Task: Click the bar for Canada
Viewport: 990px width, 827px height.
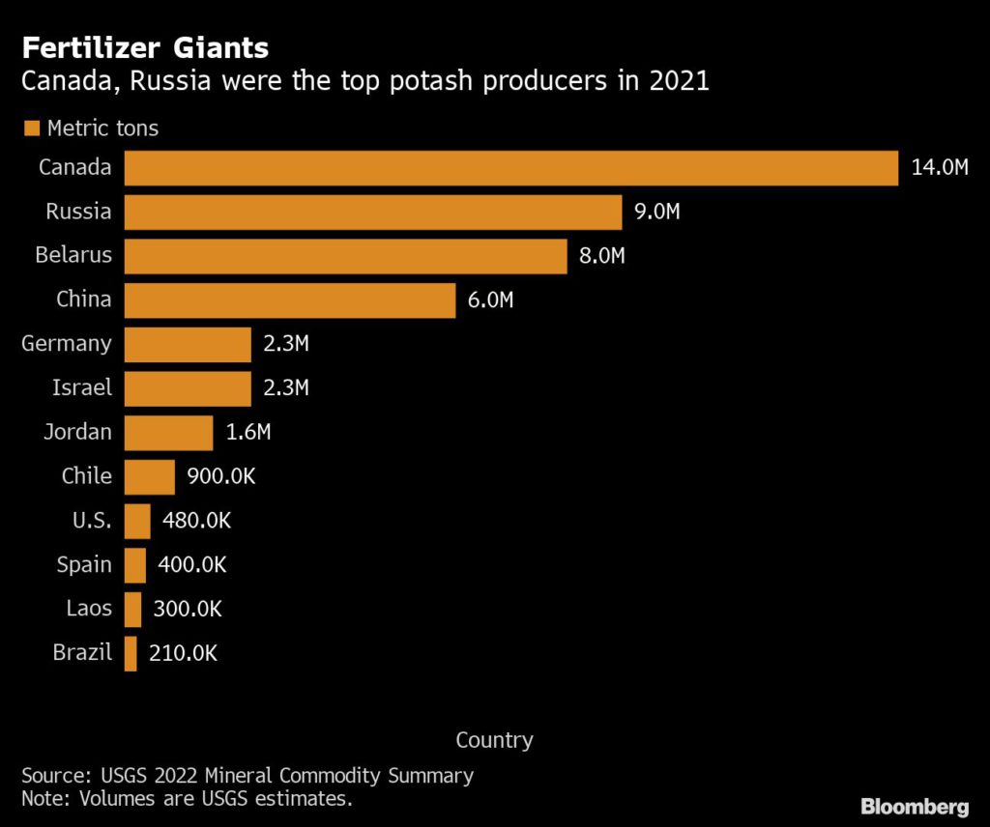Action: (511, 168)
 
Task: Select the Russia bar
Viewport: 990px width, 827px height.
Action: (372, 212)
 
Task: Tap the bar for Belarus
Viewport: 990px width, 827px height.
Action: (345, 256)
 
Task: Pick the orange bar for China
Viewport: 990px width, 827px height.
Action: (290, 300)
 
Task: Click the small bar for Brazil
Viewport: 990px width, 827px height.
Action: (131, 653)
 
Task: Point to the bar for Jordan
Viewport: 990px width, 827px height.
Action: (168, 433)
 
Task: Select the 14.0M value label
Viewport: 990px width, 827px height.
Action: (939, 168)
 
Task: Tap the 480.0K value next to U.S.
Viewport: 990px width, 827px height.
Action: (197, 521)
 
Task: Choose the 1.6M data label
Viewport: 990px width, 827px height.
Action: (248, 433)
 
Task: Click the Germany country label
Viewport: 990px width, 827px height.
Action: (67, 344)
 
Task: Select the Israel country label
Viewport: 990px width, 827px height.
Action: (82, 388)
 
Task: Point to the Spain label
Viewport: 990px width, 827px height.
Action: (84, 565)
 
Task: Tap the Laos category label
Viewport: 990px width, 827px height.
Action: (89, 609)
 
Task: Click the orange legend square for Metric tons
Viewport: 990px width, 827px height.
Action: (31, 128)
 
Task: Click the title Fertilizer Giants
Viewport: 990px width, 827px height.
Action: (145, 47)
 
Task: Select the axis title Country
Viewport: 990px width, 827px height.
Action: (494, 740)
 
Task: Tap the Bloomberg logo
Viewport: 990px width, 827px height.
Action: (915, 805)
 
